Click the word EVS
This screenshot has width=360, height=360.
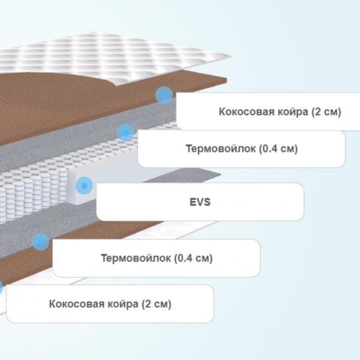point(200,202)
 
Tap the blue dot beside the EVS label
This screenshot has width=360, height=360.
point(84,185)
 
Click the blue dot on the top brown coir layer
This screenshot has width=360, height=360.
point(164,95)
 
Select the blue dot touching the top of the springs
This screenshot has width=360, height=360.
point(125,132)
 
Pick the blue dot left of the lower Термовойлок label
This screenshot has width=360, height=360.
point(40,242)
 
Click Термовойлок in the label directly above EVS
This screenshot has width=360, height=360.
point(221,149)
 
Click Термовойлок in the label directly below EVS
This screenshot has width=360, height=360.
point(136,258)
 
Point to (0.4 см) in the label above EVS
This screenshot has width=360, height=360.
point(278,149)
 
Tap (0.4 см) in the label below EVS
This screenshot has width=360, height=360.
point(193,258)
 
